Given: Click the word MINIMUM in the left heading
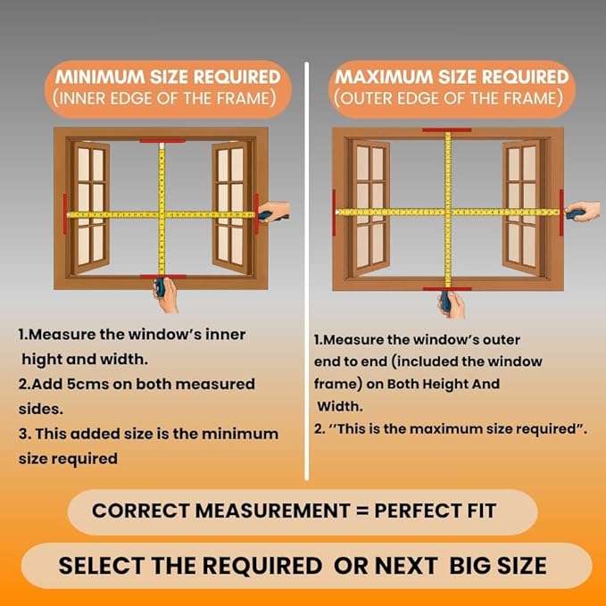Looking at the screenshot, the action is (100, 77).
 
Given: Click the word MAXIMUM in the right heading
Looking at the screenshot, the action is (384, 77).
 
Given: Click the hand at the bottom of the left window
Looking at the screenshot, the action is (166, 295).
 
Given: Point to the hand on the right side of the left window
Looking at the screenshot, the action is (274, 212).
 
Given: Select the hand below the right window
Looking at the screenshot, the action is (451, 304).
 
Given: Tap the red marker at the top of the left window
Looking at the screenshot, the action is (162, 141).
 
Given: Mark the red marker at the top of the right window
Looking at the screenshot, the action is (447, 130).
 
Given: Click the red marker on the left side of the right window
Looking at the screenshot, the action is (334, 212).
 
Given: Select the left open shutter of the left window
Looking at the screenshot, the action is (90, 207).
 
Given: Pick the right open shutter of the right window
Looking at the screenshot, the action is (522, 208).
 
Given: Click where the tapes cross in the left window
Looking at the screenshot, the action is (162, 214).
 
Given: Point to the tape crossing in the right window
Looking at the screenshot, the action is (448, 212).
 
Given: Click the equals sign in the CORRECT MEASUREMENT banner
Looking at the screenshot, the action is (362, 511).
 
